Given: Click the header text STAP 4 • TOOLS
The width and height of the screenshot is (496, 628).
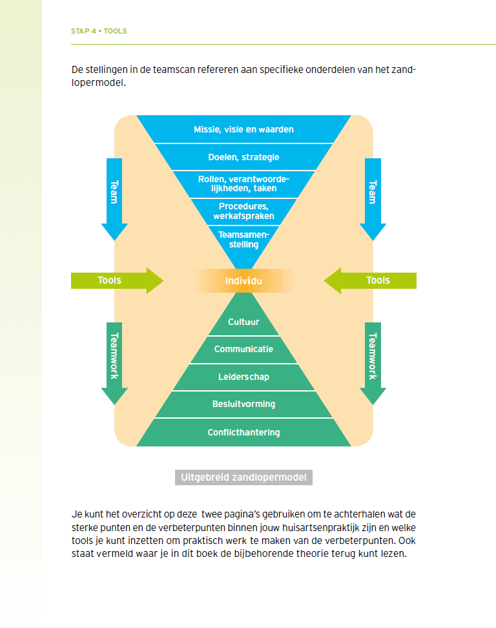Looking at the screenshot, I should (99, 31).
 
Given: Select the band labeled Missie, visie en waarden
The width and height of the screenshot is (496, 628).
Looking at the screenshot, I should (243, 129).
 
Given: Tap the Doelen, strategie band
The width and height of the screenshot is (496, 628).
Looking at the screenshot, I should (243, 157).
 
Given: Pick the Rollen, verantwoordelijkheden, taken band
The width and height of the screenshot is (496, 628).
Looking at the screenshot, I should (243, 184).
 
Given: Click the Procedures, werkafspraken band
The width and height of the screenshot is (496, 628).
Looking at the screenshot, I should (243, 211).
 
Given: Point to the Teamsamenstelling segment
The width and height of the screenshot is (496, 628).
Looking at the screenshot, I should (243, 240).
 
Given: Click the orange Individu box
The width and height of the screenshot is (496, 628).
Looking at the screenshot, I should (243, 281).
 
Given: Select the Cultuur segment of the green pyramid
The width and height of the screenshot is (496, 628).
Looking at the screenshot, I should (243, 322).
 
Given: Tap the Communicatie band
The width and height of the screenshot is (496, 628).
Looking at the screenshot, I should (243, 350).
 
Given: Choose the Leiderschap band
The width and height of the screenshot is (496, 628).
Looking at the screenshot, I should (243, 377).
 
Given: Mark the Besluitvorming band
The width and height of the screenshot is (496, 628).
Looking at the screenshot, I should (243, 404).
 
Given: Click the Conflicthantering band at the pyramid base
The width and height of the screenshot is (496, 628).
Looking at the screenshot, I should (243, 432).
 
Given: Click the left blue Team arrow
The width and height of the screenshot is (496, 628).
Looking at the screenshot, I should (114, 197).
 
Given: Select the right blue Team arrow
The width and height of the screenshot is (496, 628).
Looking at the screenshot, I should (373, 197).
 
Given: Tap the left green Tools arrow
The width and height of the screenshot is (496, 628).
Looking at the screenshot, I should (116, 280).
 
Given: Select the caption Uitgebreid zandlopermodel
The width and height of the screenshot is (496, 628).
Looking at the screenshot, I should (243, 477).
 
